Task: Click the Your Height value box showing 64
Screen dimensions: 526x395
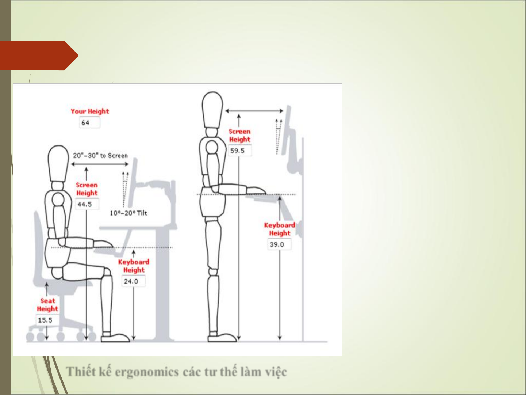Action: [x=89, y=122]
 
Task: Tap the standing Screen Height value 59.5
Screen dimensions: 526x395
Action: [x=239, y=151]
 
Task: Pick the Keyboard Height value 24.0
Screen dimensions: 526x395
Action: [x=133, y=281]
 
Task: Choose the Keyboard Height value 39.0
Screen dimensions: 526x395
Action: [x=279, y=244]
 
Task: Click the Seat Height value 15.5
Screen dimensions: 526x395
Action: [x=47, y=320]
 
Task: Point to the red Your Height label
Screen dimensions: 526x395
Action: [x=90, y=111]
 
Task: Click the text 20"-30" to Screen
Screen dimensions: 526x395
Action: [x=100, y=156]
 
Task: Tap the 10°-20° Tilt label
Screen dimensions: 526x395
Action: [x=128, y=213]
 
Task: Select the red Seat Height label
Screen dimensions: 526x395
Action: [x=47, y=305]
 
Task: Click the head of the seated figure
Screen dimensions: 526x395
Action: [x=58, y=163]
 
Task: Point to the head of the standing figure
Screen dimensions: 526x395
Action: [x=212, y=110]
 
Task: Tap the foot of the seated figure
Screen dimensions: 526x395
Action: [x=115, y=337]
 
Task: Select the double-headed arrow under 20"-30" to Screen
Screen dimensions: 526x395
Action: [x=100, y=164]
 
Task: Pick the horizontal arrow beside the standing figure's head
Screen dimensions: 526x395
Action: [x=254, y=111]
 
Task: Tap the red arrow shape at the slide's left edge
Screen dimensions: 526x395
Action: [x=39, y=56]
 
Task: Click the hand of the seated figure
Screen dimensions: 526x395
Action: [x=103, y=244]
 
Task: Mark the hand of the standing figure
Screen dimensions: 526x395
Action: [x=256, y=191]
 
